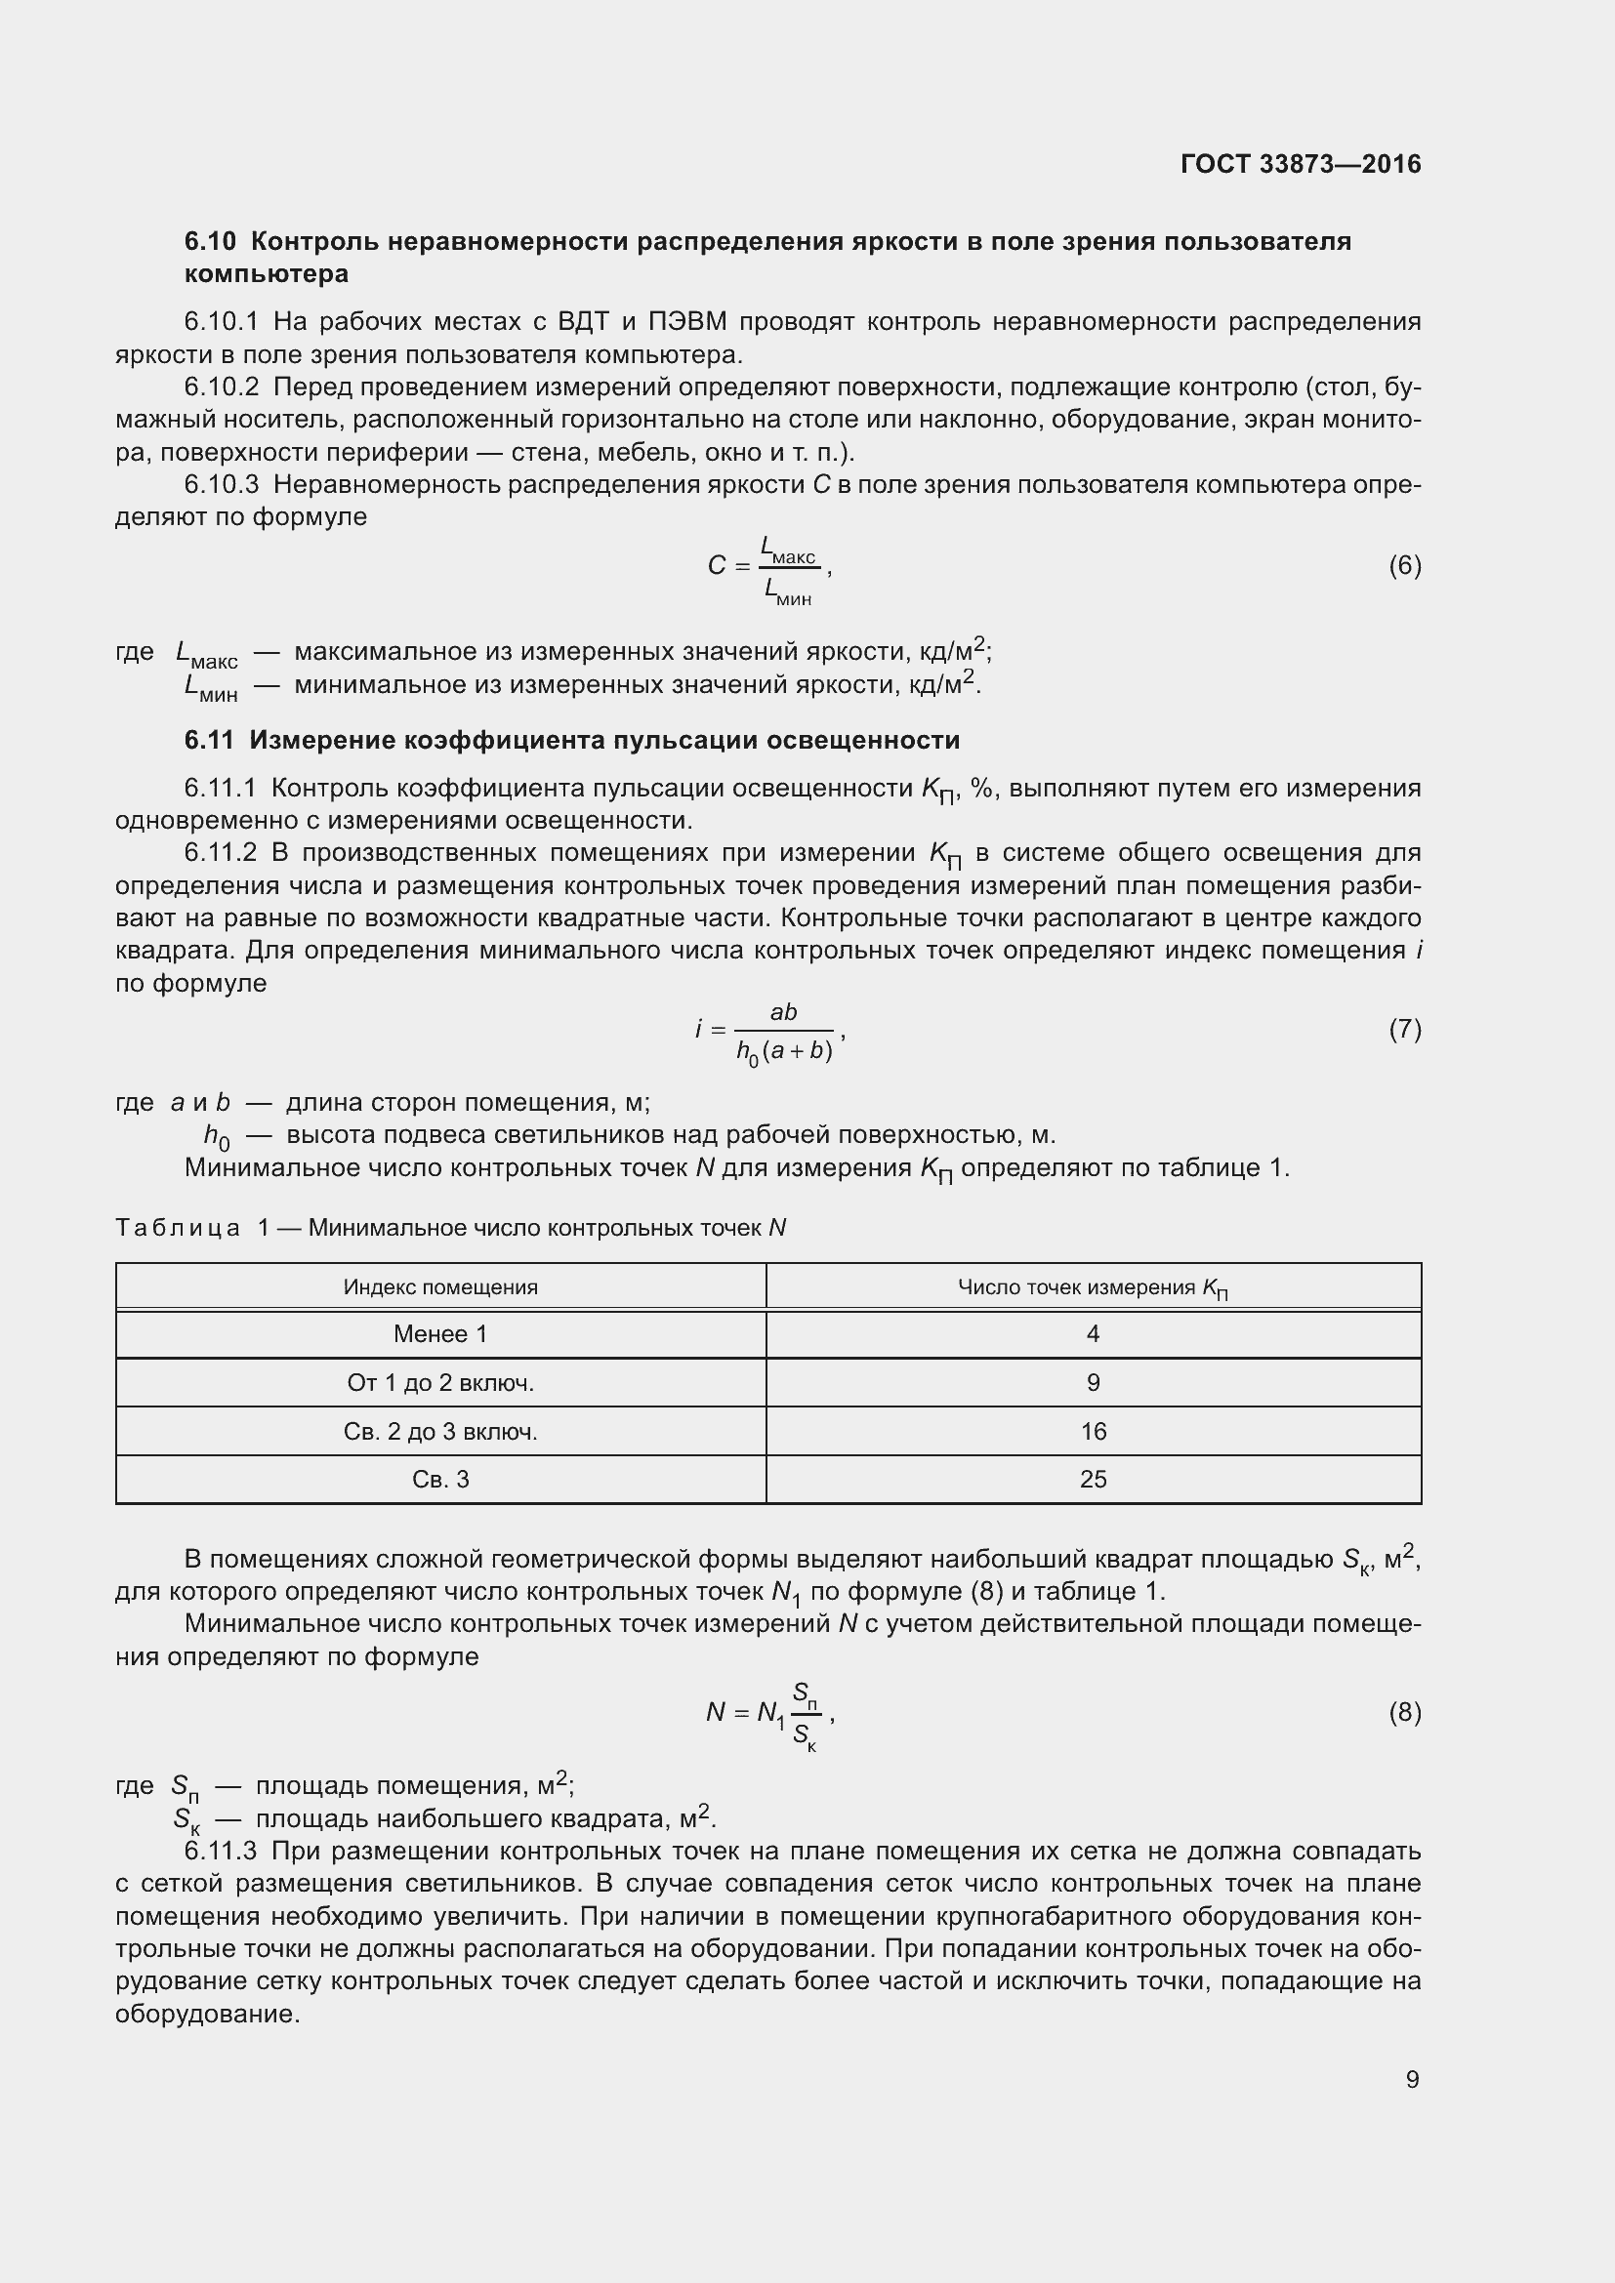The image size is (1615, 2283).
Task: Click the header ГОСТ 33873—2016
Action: [1300, 164]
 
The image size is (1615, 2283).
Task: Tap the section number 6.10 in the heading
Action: [210, 242]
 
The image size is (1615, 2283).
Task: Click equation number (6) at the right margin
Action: [1404, 566]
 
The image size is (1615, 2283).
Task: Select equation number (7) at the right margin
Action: [1404, 1029]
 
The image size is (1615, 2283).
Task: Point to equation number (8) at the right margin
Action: [1404, 1711]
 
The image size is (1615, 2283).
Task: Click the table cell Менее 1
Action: [440, 1334]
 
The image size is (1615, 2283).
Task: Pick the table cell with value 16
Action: [1093, 1431]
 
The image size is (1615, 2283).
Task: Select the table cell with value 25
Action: [1093, 1480]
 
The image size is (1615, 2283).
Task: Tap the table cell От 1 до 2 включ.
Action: [440, 1383]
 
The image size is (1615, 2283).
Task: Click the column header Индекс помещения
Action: [440, 1286]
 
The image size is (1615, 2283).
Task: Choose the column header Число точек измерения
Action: [1092, 1287]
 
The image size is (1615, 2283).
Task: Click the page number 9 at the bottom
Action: [1412, 2079]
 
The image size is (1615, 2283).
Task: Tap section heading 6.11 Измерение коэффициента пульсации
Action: [572, 740]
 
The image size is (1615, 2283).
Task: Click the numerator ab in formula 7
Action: [784, 1012]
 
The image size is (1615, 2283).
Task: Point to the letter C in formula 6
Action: [716, 566]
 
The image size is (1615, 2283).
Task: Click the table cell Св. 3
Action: [440, 1480]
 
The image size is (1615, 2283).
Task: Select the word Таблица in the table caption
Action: [178, 1228]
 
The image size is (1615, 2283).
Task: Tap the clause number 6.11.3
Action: [221, 1851]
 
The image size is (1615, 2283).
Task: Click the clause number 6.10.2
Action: [221, 387]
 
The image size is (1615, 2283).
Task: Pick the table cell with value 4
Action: [1093, 1334]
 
